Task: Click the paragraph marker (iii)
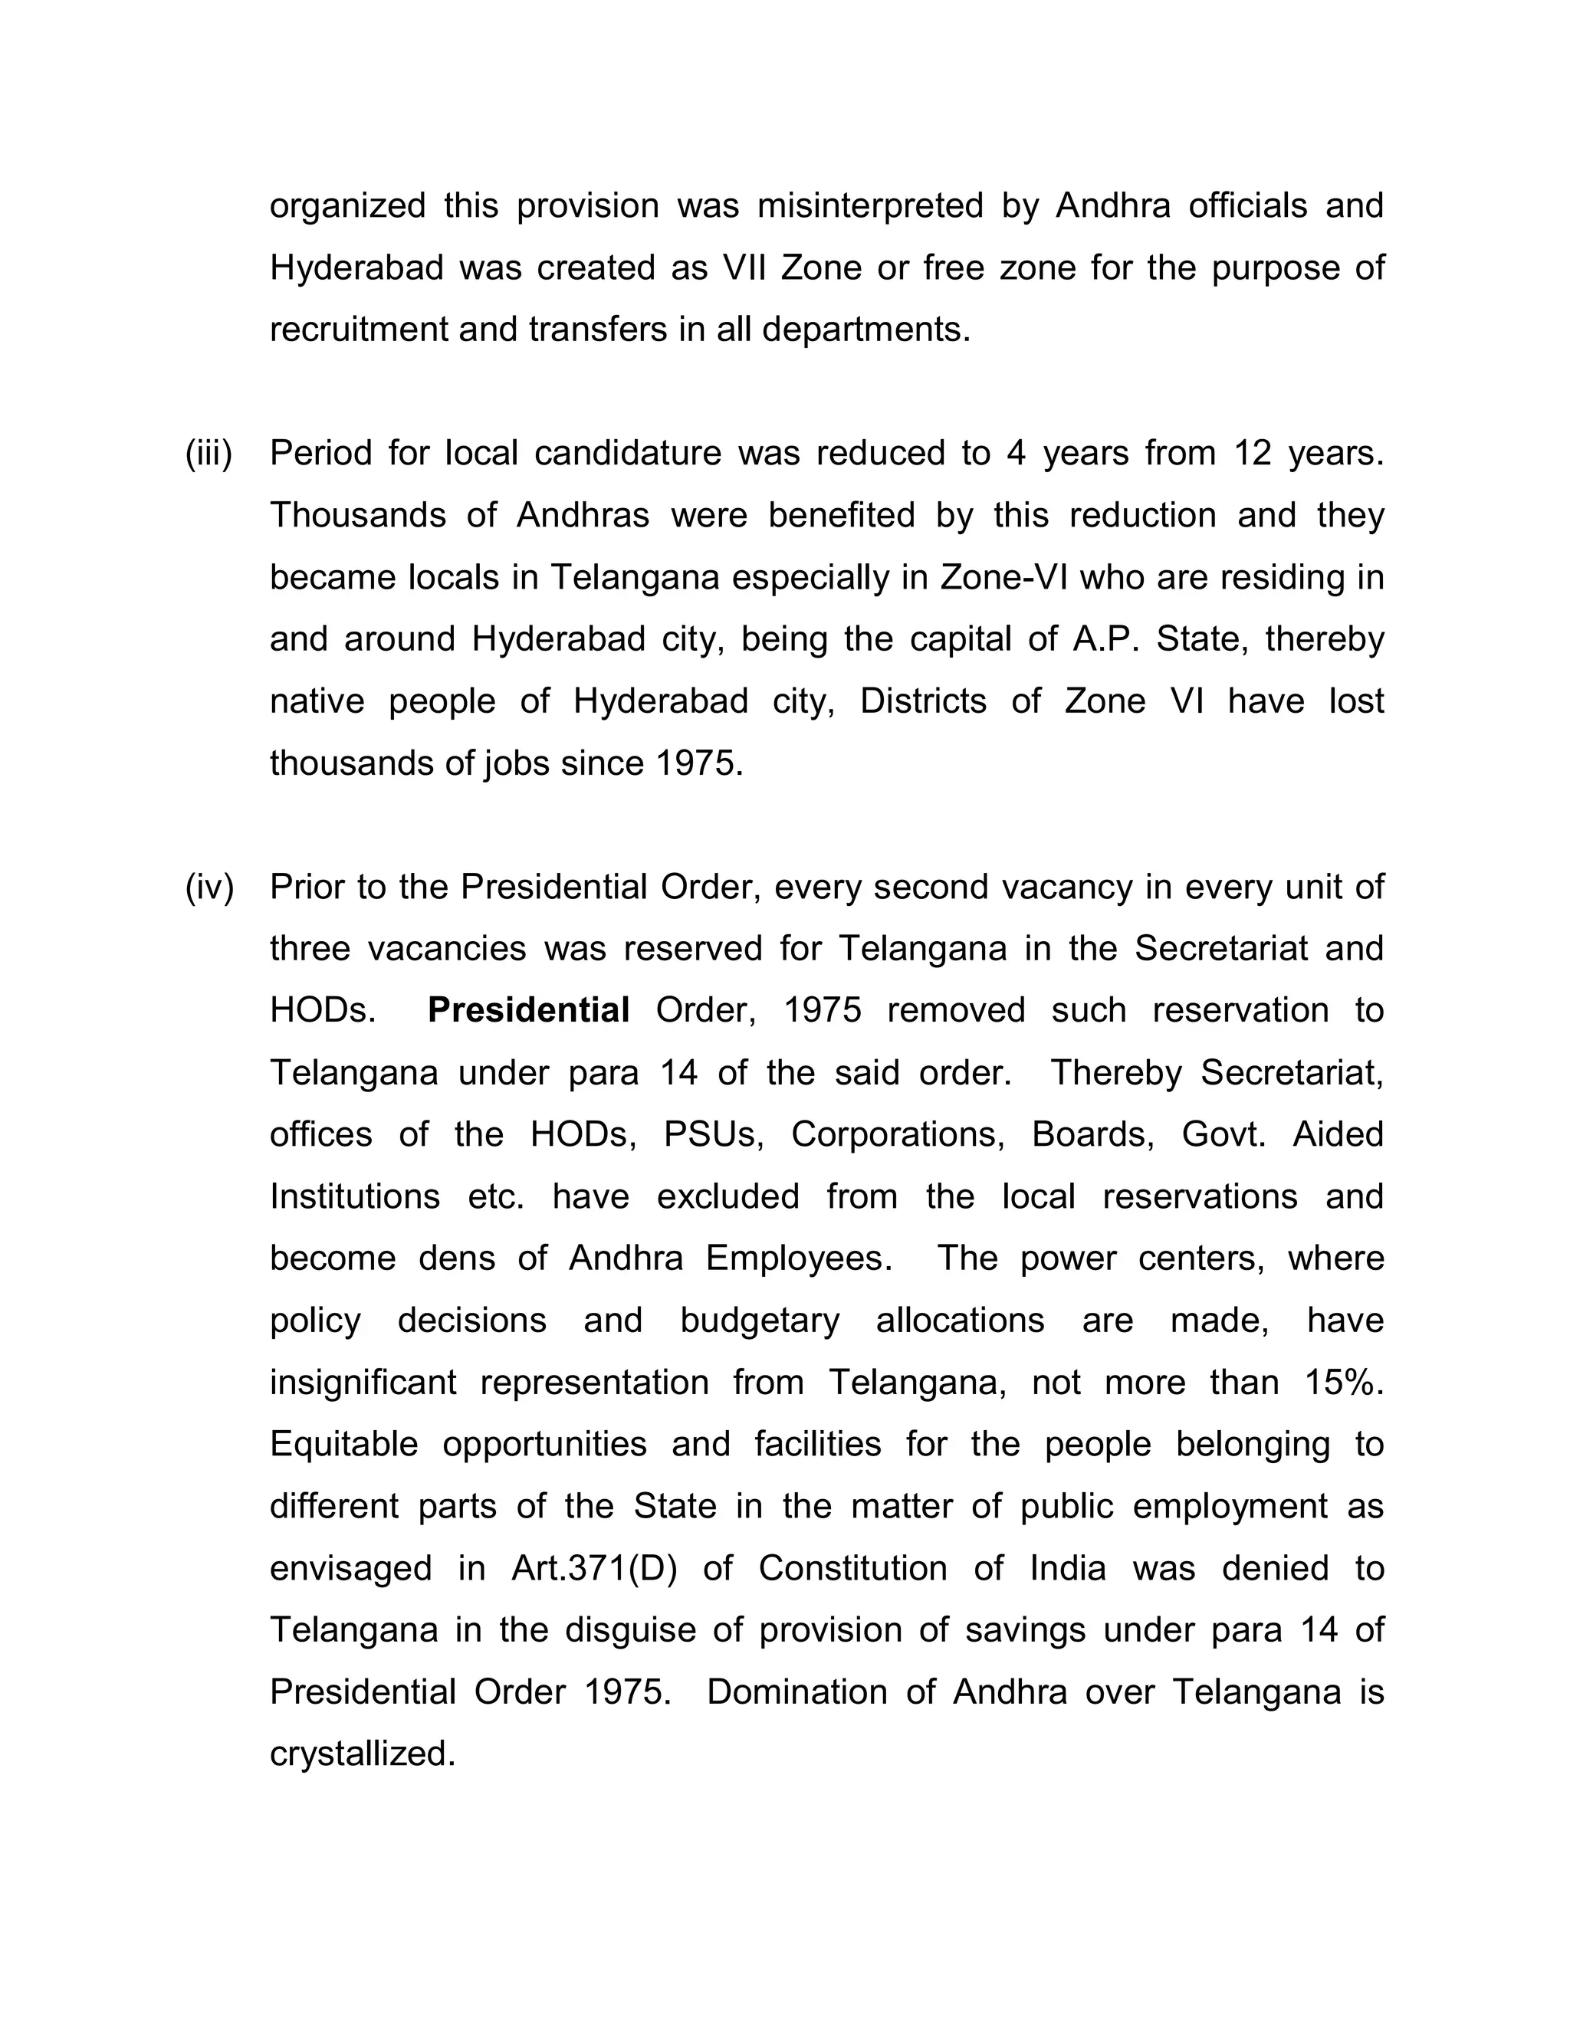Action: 209,454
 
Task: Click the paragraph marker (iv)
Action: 209,888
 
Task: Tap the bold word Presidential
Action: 528,1011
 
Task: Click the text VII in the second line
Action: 742,269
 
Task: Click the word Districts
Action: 923,701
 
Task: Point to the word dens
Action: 456,1258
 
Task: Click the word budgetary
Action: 759,1321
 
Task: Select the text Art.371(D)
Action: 594,1569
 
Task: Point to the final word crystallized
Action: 363,1755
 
